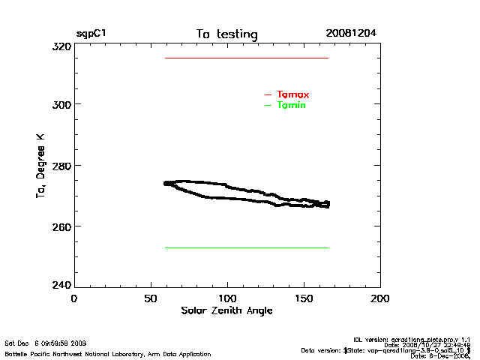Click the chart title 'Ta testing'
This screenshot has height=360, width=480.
[226, 34]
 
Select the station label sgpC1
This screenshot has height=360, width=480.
[91, 34]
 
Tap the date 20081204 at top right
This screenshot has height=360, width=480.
[351, 34]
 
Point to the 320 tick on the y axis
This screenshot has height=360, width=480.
[61, 46]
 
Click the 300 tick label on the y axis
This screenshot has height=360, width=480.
[61, 104]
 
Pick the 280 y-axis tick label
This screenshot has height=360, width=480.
[61, 165]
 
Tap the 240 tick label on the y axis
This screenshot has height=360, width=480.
[61, 286]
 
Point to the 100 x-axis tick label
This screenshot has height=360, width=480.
[227, 298]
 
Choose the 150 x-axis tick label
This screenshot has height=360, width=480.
[304, 298]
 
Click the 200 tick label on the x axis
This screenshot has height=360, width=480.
[380, 298]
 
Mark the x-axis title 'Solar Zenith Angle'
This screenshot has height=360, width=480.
[226, 310]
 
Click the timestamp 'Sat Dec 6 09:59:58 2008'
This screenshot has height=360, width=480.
[46, 343]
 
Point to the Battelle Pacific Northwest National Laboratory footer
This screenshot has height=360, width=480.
[108, 353]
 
